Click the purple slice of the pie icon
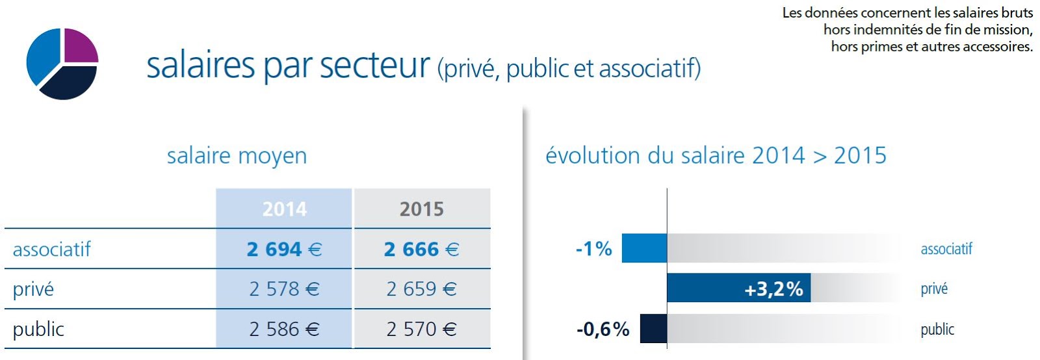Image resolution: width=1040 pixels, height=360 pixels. (x=80, y=46)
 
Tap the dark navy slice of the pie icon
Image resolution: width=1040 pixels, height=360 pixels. (x=70, y=83)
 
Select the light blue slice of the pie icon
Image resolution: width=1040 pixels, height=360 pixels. (x=43, y=57)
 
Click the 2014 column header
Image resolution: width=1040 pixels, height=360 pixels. (x=284, y=209)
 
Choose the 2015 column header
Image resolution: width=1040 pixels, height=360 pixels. (x=421, y=209)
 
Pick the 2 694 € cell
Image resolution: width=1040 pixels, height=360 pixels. (x=284, y=250)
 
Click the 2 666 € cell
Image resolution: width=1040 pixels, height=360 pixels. (x=421, y=250)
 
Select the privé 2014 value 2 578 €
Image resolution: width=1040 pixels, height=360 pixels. (x=284, y=289)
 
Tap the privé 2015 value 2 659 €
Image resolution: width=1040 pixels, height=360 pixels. (x=421, y=289)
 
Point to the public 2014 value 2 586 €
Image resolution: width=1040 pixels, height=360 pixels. (x=284, y=329)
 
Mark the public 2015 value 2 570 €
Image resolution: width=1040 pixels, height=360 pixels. (x=421, y=329)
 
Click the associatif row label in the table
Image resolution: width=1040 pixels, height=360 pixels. (x=51, y=250)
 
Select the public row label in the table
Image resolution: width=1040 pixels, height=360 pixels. (x=38, y=329)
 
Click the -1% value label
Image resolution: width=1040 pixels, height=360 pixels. (x=593, y=249)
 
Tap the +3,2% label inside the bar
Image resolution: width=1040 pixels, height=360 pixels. (x=773, y=289)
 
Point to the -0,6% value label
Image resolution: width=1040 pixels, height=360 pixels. (x=603, y=329)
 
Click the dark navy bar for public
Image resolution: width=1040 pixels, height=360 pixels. (x=653, y=329)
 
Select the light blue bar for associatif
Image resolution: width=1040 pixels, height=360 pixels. (x=644, y=248)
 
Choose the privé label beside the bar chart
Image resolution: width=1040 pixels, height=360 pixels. (x=934, y=289)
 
